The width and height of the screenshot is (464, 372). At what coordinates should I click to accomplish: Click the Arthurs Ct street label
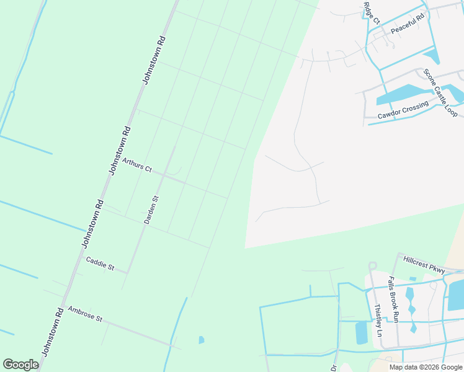point(136,164)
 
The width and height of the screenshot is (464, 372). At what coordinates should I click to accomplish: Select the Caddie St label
point(100,263)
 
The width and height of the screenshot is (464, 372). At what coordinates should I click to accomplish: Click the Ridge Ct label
point(371,13)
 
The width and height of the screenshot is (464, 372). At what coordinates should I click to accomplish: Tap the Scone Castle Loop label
point(440,93)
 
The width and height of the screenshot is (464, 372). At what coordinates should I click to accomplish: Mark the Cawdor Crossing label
point(403,111)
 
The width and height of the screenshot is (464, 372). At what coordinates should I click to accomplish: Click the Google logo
point(20,365)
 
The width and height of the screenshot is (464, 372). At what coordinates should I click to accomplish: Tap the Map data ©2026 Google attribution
point(426,367)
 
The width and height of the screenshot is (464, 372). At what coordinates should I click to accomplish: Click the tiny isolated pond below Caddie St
point(201,340)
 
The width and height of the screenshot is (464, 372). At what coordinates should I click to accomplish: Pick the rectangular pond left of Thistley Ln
point(361,333)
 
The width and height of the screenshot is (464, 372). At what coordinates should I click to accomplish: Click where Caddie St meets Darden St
point(128,272)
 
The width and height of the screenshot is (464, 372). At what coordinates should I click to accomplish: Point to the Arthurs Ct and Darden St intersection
point(163,175)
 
